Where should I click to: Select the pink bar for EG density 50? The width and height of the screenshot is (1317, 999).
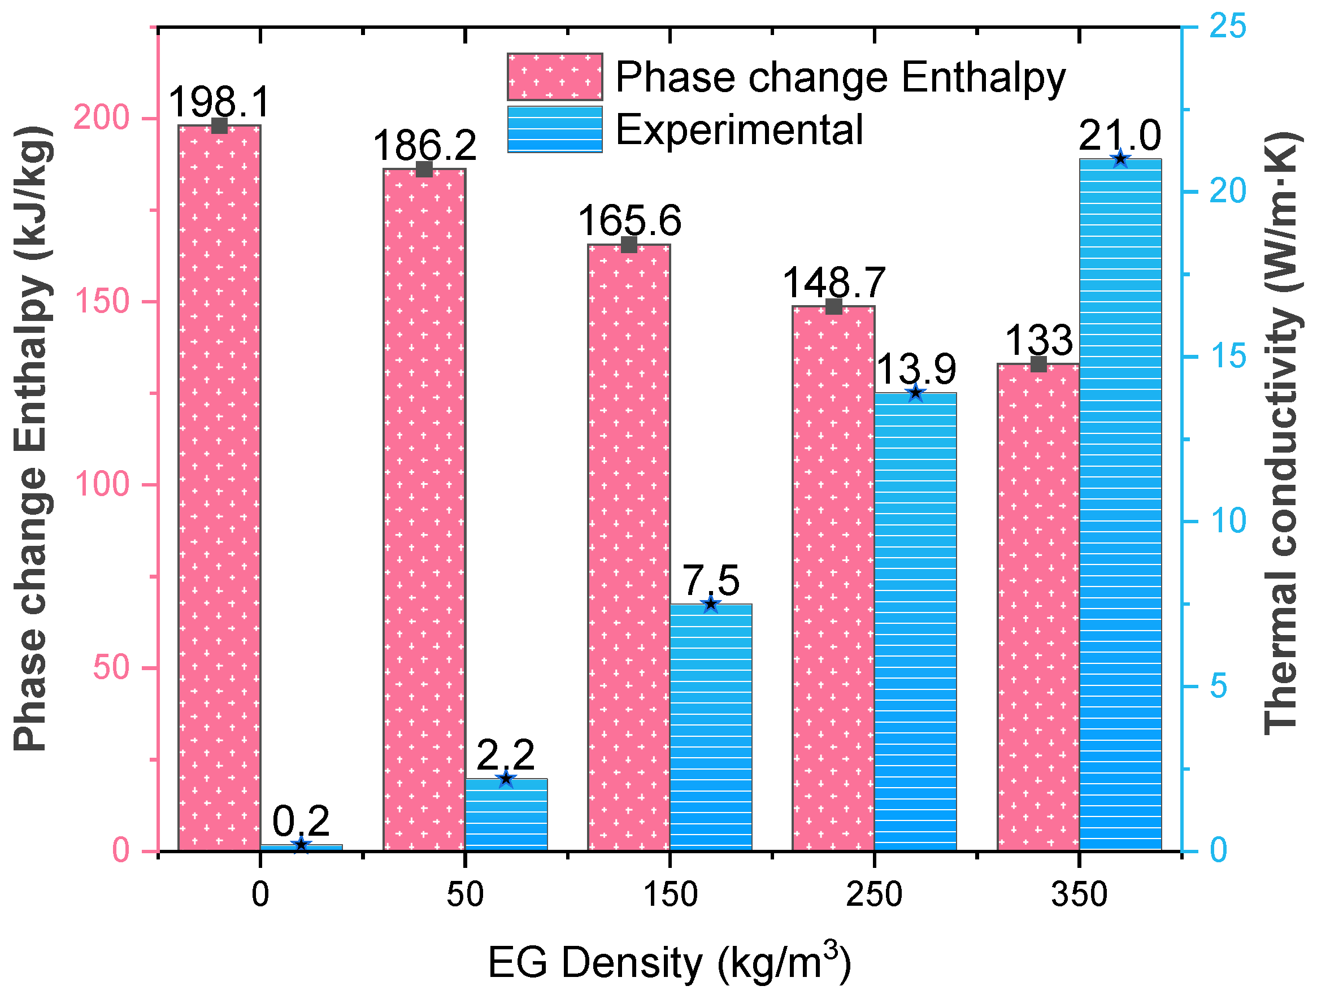pyautogui.click(x=424, y=512)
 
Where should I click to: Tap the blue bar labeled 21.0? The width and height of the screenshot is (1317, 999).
pyautogui.click(x=1120, y=506)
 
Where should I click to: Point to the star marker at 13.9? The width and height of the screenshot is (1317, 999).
pyautogui.click(x=915, y=393)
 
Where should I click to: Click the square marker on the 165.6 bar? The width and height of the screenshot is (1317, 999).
pyautogui.click(x=629, y=245)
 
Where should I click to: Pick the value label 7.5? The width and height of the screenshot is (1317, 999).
pyautogui.click(x=710, y=580)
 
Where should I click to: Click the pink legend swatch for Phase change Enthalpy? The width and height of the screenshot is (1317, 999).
pyautogui.click(x=554, y=77)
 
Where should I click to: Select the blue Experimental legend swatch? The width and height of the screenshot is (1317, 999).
pyautogui.click(x=554, y=129)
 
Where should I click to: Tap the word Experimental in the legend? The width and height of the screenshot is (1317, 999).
pyautogui.click(x=738, y=130)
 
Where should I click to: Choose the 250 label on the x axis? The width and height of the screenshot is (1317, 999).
pyautogui.click(x=874, y=895)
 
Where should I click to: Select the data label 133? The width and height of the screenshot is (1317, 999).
pyautogui.click(x=1038, y=341)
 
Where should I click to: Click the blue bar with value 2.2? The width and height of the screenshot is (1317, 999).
pyautogui.click(x=506, y=815)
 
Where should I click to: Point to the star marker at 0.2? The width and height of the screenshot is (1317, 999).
pyautogui.click(x=301, y=845)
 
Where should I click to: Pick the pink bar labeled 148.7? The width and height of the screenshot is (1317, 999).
pyautogui.click(x=833, y=577)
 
